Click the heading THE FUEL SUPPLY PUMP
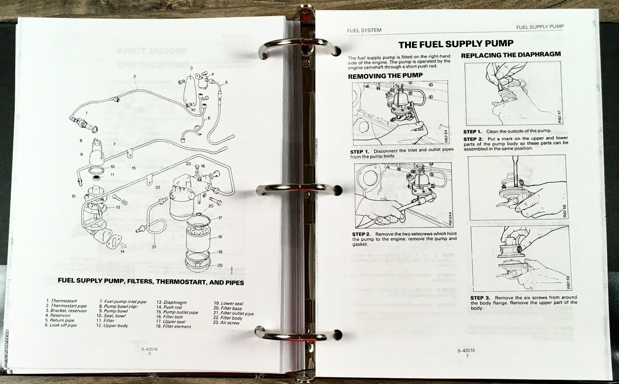click(x=456, y=44)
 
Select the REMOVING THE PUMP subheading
click(x=385, y=76)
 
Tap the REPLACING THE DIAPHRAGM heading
click(x=511, y=55)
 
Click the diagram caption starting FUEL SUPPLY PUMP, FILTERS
click(x=150, y=281)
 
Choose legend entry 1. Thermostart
click(x=62, y=301)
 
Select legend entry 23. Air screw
click(x=226, y=323)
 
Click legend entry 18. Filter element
click(x=173, y=326)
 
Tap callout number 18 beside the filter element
click(x=220, y=237)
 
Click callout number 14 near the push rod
click(x=122, y=251)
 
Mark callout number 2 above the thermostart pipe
click(x=135, y=76)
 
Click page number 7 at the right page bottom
click(x=467, y=356)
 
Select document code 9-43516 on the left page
click(x=149, y=349)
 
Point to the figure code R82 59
click(x=568, y=282)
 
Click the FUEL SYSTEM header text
click(x=364, y=30)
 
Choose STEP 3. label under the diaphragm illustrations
click(x=480, y=298)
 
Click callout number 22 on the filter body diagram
click(x=158, y=187)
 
